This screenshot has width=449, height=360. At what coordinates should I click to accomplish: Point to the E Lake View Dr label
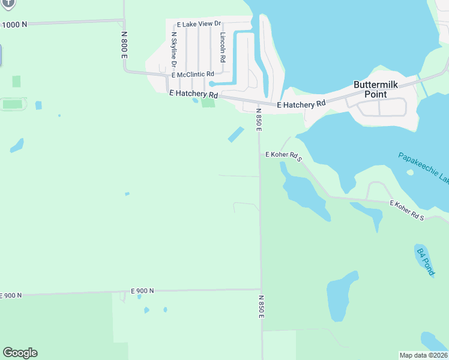coord(199,25)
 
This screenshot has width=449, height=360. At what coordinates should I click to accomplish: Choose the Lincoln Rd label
coord(222,48)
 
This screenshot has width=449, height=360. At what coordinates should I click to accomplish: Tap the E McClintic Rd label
coord(193,74)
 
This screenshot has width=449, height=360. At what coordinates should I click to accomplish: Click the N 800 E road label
coord(125,44)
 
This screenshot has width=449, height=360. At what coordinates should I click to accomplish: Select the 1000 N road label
coord(15,25)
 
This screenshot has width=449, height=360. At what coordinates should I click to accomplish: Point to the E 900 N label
coord(142,290)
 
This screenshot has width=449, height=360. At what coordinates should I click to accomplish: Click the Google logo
coord(20,353)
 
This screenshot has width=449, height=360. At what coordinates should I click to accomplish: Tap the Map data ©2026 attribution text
coord(423,355)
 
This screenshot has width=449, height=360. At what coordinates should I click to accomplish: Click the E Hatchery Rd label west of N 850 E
coord(193,94)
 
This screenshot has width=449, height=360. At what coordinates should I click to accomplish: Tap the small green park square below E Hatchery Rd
coord(208,103)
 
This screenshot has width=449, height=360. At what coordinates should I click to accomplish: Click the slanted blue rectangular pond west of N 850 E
coord(236,134)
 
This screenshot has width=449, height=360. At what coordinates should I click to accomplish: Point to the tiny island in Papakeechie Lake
coord(410,172)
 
